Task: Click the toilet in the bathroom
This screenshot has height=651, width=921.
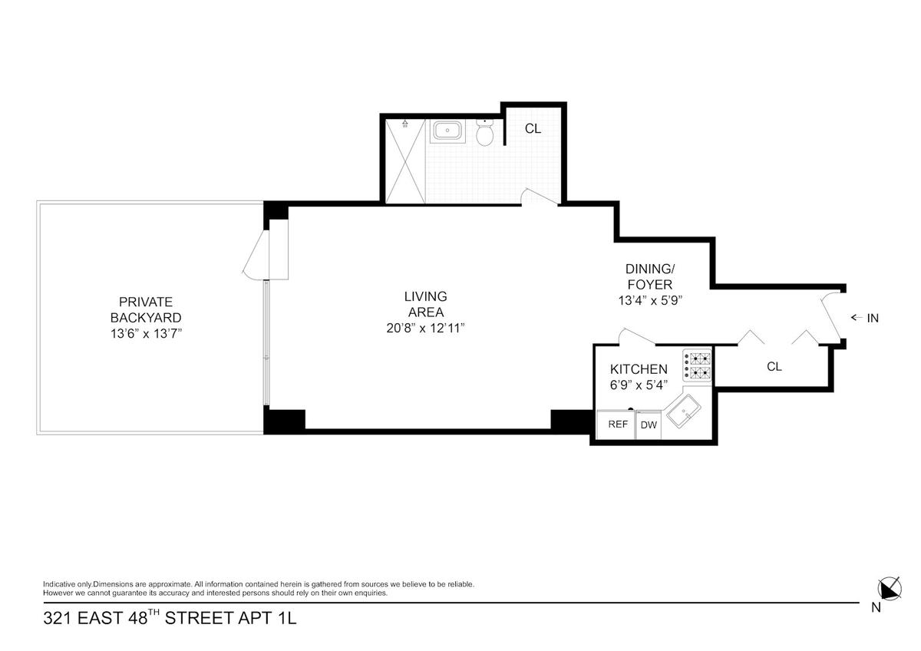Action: click(485, 132)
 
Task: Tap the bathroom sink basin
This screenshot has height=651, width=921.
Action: click(447, 131)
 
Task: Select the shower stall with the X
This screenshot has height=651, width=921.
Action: click(405, 161)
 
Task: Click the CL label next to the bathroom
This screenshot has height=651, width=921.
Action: click(533, 129)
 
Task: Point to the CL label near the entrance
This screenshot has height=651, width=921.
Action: click(774, 366)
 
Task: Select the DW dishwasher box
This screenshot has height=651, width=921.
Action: click(649, 425)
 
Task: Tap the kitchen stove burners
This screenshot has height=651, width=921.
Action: click(698, 365)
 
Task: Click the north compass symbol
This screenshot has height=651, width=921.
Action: click(890, 589)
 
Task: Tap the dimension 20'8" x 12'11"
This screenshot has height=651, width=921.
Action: click(425, 328)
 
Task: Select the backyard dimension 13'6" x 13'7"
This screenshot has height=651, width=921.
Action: click(146, 333)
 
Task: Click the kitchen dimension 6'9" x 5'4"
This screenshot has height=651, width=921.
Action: click(639, 385)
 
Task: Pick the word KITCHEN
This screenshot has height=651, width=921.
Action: click(639, 369)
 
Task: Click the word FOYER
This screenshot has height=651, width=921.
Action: click(650, 285)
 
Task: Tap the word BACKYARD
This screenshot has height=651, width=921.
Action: click(146, 318)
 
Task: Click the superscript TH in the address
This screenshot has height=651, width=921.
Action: click(153, 613)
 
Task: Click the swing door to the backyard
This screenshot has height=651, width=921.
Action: click(256, 254)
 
